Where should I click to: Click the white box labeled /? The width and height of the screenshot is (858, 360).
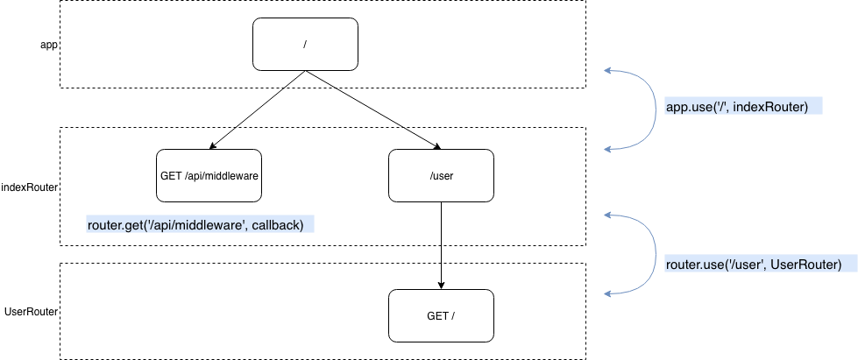point(305,44)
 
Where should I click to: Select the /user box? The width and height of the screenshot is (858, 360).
point(441,175)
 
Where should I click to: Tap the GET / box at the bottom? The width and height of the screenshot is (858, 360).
point(441,315)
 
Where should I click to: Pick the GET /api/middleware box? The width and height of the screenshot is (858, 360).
point(209,175)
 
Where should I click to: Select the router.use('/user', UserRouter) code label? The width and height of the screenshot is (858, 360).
point(753,265)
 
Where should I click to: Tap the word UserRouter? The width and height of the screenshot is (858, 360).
point(804,265)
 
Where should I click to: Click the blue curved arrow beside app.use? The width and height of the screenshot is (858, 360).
point(654,109)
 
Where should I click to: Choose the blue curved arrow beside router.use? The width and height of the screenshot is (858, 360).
point(654,254)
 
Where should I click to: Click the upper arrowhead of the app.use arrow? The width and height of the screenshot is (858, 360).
point(607,70)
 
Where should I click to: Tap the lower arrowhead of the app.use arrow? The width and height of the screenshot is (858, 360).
point(607,150)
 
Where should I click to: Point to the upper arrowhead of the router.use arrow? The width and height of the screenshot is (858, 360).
point(607,215)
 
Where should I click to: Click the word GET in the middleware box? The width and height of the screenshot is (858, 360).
point(171,175)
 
